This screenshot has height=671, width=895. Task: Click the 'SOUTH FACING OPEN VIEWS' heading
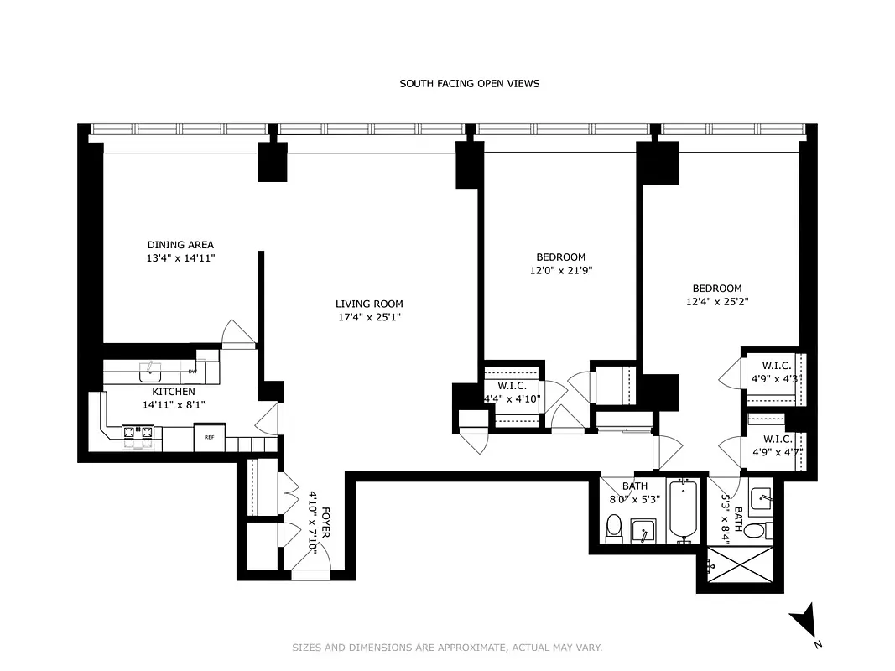(469, 83)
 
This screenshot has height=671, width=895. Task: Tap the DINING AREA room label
(180, 245)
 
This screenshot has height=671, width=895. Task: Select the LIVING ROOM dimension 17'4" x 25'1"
(369, 317)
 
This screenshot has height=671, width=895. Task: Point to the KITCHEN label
(174, 392)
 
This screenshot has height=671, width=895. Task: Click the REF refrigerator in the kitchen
(209, 437)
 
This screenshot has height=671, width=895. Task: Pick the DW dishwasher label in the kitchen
(192, 371)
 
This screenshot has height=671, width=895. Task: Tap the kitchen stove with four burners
(138, 433)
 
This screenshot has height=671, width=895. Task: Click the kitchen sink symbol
(150, 367)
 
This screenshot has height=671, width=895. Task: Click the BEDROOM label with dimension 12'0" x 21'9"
(560, 257)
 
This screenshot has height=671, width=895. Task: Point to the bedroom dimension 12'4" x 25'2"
(716, 301)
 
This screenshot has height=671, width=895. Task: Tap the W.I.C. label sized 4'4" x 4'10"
(512, 386)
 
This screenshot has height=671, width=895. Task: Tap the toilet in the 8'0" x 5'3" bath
(613, 528)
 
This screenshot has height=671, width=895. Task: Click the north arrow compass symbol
(804, 622)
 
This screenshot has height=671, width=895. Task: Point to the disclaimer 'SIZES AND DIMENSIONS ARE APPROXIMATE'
(447, 648)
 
